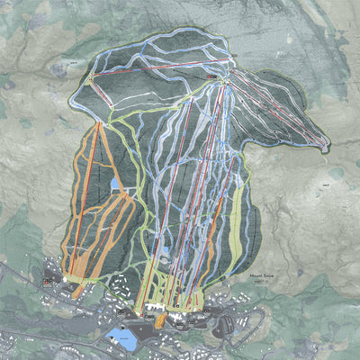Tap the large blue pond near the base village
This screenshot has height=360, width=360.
pyautogui.click(x=120, y=338)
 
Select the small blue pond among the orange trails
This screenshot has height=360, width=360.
pyautogui.click(x=115, y=183)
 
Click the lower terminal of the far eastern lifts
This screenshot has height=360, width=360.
pyautogui.click(x=323, y=143)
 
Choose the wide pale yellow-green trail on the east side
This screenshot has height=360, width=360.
pyautogui.click(x=237, y=216)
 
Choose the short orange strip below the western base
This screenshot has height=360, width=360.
pyautogui.click(x=77, y=291)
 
